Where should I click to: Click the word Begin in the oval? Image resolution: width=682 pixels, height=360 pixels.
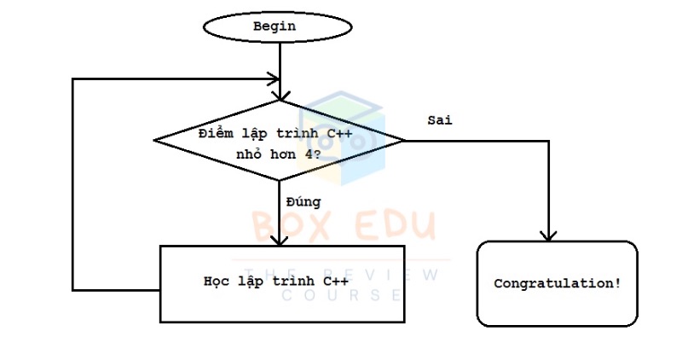[275, 26]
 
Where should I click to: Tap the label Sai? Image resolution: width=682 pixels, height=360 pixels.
[440, 119]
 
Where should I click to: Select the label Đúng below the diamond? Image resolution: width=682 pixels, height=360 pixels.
[303, 201]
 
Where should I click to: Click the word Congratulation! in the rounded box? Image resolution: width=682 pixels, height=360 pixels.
[558, 283]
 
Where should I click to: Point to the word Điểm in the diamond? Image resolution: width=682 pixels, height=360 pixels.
[216, 133]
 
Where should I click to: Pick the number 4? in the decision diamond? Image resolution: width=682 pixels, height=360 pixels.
[313, 154]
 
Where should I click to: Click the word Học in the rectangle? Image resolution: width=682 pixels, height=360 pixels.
[217, 282]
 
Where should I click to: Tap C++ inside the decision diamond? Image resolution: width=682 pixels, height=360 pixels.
[339, 133]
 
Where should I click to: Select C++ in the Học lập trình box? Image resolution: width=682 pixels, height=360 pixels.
[335, 282]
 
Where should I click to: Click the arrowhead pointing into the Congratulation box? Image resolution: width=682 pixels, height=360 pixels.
[548, 236]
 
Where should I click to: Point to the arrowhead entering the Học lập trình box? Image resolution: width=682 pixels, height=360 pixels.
[280, 241]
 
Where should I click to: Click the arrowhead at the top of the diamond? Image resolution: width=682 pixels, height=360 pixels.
[280, 96]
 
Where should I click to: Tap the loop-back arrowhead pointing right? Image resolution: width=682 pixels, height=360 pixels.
[274, 79]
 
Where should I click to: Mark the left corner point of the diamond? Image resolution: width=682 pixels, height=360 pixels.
[154, 140]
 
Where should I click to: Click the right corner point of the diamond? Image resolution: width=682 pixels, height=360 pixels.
[405, 141]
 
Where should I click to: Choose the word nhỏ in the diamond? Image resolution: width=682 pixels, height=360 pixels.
[248, 154]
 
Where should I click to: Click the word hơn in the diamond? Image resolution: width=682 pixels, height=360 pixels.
[283, 154]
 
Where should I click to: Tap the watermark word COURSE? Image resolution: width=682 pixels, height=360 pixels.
[342, 295]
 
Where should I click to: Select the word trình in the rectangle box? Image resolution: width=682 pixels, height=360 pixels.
[293, 282]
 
